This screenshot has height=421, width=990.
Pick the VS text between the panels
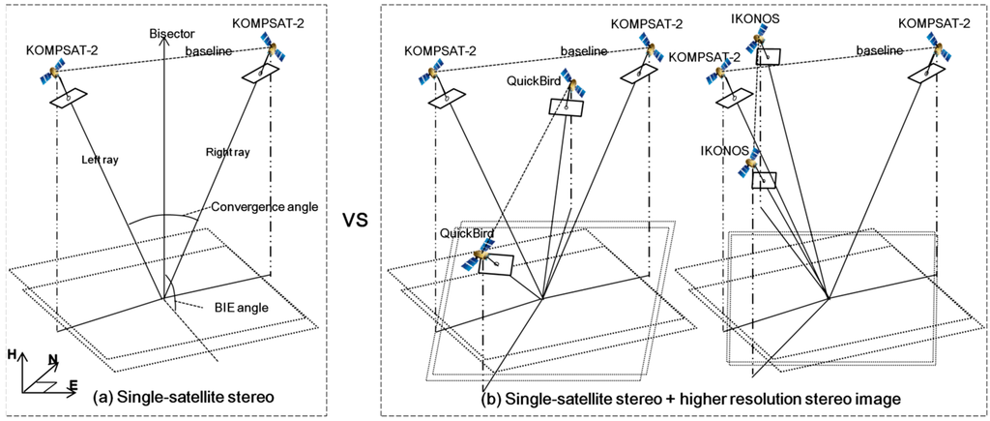[x=355, y=219]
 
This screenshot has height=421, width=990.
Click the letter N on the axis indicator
[x=53, y=360]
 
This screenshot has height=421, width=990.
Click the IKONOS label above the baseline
[x=763, y=17]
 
